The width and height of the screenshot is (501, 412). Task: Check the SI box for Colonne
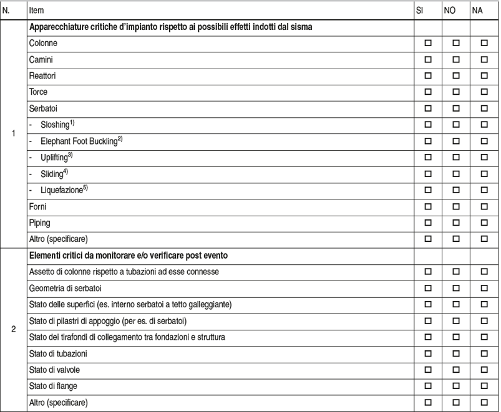coord(428,44)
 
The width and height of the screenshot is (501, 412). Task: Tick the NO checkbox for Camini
coord(456,60)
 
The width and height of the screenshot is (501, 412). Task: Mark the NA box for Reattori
coord(484,76)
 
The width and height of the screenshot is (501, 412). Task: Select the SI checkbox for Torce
coord(428,92)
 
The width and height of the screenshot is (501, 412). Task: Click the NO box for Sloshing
coord(456,125)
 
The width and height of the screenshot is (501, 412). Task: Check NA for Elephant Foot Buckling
coord(484,141)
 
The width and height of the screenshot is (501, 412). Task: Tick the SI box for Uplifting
coord(428,157)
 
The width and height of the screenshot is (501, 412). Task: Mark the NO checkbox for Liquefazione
coord(456,189)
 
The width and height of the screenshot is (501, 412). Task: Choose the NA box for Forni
coord(484,206)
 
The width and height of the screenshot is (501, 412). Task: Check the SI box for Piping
coord(428,222)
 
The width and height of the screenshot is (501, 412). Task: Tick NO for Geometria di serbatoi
coord(456,289)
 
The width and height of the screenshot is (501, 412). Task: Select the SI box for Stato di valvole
coord(428,370)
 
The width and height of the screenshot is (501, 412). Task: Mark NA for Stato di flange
coord(484,386)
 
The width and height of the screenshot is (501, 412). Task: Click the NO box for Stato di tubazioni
coord(456,353)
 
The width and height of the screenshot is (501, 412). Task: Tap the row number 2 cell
coord(13,329)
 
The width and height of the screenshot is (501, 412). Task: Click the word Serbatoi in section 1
coord(43,108)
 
